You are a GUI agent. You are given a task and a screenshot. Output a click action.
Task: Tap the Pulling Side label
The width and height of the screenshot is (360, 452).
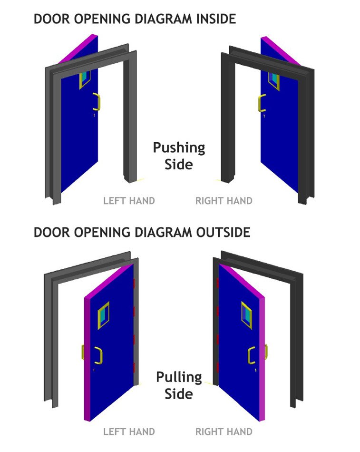(x=179, y=385)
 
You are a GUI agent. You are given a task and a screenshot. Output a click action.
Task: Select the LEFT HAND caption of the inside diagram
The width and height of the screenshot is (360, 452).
(x=129, y=201)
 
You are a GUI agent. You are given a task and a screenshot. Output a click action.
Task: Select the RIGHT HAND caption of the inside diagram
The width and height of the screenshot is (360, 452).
(x=224, y=201)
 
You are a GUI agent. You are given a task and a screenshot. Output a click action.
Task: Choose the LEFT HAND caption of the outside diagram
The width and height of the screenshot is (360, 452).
(x=129, y=432)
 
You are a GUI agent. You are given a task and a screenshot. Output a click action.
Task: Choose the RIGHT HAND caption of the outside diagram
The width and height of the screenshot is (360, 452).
(x=224, y=432)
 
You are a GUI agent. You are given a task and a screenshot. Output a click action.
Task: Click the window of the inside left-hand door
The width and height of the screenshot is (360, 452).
(x=85, y=79)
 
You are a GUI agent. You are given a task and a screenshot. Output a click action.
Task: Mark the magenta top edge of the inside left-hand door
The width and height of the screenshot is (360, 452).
(x=78, y=49)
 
